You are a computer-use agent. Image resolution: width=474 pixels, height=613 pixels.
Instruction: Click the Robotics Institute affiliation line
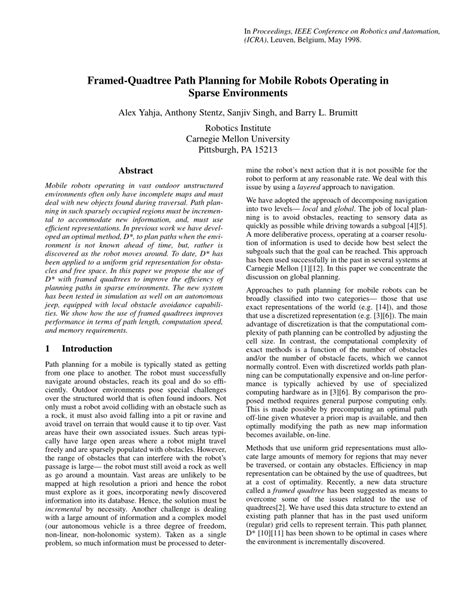(x=236, y=133)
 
